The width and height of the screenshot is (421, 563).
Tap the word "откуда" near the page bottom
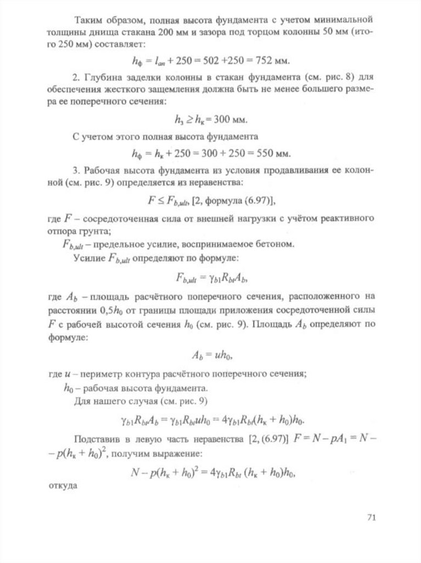tap(60, 485)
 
